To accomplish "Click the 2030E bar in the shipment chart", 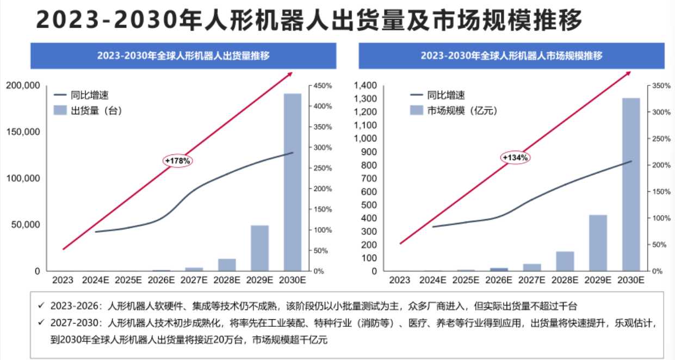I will click(293, 182).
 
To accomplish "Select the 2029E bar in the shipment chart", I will click(259, 248).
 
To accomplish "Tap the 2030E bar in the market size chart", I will click(631, 184).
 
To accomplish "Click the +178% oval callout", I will click(178, 161).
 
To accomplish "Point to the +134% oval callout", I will click(515, 157).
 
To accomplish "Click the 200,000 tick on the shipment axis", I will click(23, 85).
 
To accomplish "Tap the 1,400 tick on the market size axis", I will click(365, 85).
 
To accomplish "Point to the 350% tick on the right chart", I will click(660, 86).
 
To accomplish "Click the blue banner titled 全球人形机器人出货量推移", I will click(183, 55).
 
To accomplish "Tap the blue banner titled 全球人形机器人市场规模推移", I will click(511, 55).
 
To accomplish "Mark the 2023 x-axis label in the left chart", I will click(63, 280).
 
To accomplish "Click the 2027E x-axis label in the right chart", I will click(532, 280).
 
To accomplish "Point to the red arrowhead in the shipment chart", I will click(290, 73).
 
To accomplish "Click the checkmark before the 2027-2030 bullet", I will click(41, 322).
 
